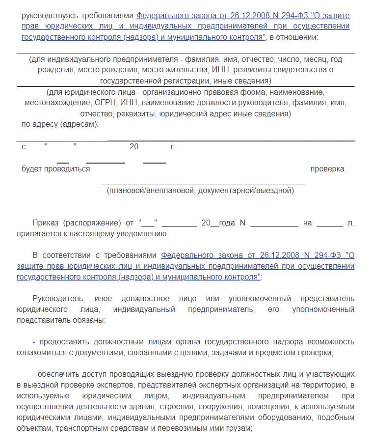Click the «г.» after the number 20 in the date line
(x=172, y=146)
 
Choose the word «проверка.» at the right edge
(x=328, y=169)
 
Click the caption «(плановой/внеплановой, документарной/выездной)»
(x=200, y=191)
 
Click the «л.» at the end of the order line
(x=350, y=223)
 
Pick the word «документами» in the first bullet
(x=89, y=353)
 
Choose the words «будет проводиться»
(x=56, y=169)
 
